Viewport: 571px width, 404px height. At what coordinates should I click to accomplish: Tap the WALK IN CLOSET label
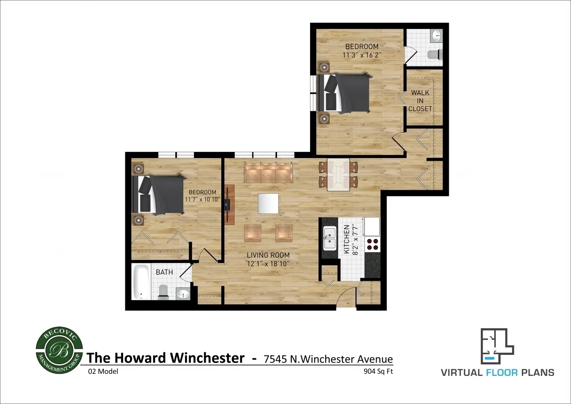(420, 101)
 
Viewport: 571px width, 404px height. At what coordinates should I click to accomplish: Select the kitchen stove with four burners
(372, 244)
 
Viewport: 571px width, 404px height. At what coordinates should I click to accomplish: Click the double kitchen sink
(330, 238)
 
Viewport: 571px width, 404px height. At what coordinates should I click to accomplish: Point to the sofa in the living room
(268, 172)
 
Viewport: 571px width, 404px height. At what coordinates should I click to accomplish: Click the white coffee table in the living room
(268, 203)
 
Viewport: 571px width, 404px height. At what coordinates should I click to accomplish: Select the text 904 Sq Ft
(378, 371)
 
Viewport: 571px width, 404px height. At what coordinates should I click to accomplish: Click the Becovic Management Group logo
(59, 350)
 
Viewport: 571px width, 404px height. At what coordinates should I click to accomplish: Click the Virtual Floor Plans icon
(497, 346)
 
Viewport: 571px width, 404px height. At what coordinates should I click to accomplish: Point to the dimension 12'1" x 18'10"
(268, 264)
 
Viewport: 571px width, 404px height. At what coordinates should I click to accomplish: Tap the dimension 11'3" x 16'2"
(361, 55)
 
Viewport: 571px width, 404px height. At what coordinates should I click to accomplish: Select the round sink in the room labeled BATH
(183, 293)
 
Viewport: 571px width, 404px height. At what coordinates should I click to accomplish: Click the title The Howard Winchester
(166, 358)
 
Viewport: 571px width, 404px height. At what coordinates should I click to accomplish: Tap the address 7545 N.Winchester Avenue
(328, 359)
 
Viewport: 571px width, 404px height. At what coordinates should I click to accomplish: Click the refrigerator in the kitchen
(372, 226)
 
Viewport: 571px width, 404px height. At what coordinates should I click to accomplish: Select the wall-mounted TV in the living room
(229, 204)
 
